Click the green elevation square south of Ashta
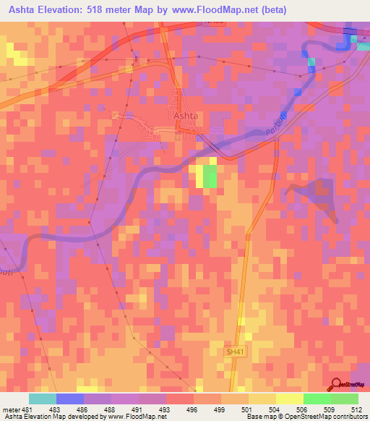click(210, 177)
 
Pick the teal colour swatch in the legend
click(42, 399)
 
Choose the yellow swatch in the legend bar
click(290, 399)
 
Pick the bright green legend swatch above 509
click(317, 399)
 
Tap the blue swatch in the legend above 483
click(70, 399)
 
